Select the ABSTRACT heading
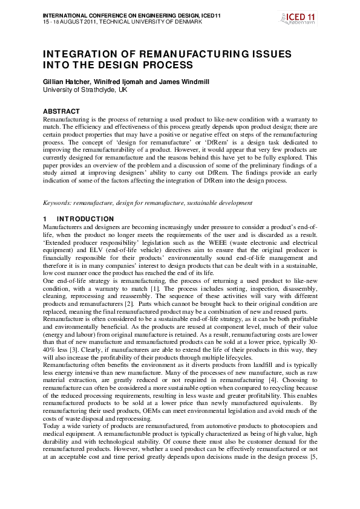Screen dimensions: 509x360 61,111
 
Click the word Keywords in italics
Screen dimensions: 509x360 59,203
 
